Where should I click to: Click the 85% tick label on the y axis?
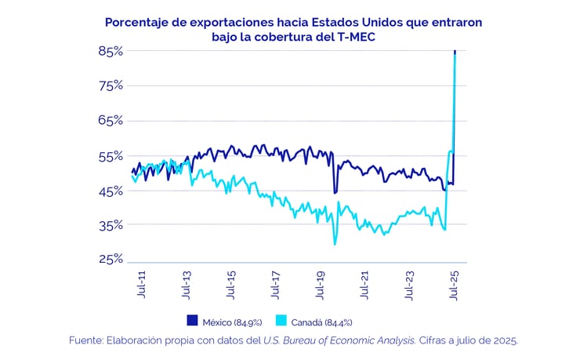[111, 52]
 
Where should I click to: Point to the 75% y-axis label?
[111, 86]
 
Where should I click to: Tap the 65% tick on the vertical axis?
[111, 121]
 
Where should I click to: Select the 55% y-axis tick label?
[111, 156]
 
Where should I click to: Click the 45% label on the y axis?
[111, 191]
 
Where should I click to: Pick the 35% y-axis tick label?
[111, 225]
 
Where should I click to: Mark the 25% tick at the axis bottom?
[111, 260]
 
